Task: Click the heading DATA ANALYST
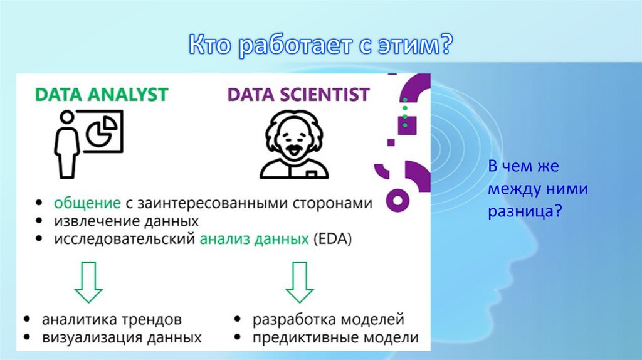pyautogui.click(x=102, y=95)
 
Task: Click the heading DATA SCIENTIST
pyautogui.click(x=298, y=95)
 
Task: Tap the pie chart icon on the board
pyautogui.click(x=102, y=130)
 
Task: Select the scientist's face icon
pyautogui.click(x=294, y=144)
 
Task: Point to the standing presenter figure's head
pyautogui.click(x=66, y=117)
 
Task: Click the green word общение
pyautogui.click(x=87, y=203)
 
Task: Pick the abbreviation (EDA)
pyautogui.click(x=332, y=239)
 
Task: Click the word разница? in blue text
pyautogui.click(x=525, y=211)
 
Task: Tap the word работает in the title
pyautogui.click(x=295, y=45)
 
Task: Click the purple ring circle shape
pyautogui.click(x=397, y=201)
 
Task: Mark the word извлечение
pyautogui.click(x=92, y=221)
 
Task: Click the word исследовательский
pyautogui.click(x=125, y=239)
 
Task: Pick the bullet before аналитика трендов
pyautogui.click(x=27, y=319)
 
